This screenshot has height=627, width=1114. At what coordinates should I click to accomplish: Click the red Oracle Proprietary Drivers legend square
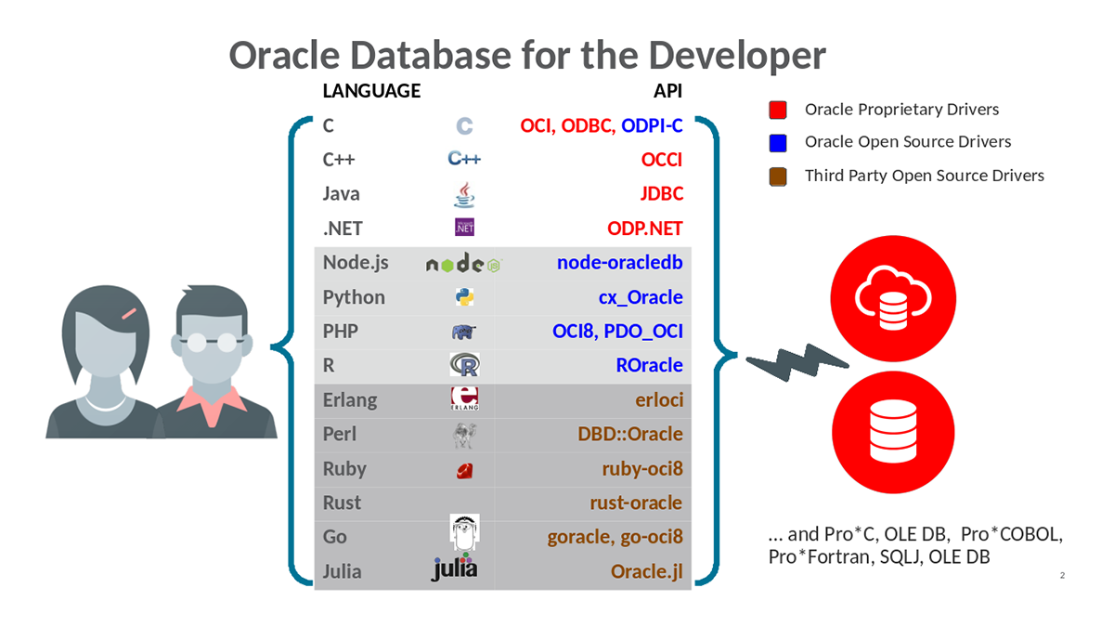click(778, 110)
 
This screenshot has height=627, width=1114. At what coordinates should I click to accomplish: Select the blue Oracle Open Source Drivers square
click(778, 142)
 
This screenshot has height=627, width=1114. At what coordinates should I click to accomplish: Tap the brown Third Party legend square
click(778, 176)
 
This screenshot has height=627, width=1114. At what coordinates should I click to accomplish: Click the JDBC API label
click(661, 194)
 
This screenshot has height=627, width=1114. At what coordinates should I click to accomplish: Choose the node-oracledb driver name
click(619, 263)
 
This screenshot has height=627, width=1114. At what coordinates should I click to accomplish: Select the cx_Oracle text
click(641, 297)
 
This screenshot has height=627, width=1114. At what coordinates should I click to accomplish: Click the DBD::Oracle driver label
click(630, 434)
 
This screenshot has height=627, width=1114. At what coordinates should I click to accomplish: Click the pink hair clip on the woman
click(128, 314)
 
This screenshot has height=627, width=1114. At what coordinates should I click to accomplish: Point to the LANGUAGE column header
click(370, 91)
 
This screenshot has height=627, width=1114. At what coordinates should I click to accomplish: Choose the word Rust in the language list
click(342, 503)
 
